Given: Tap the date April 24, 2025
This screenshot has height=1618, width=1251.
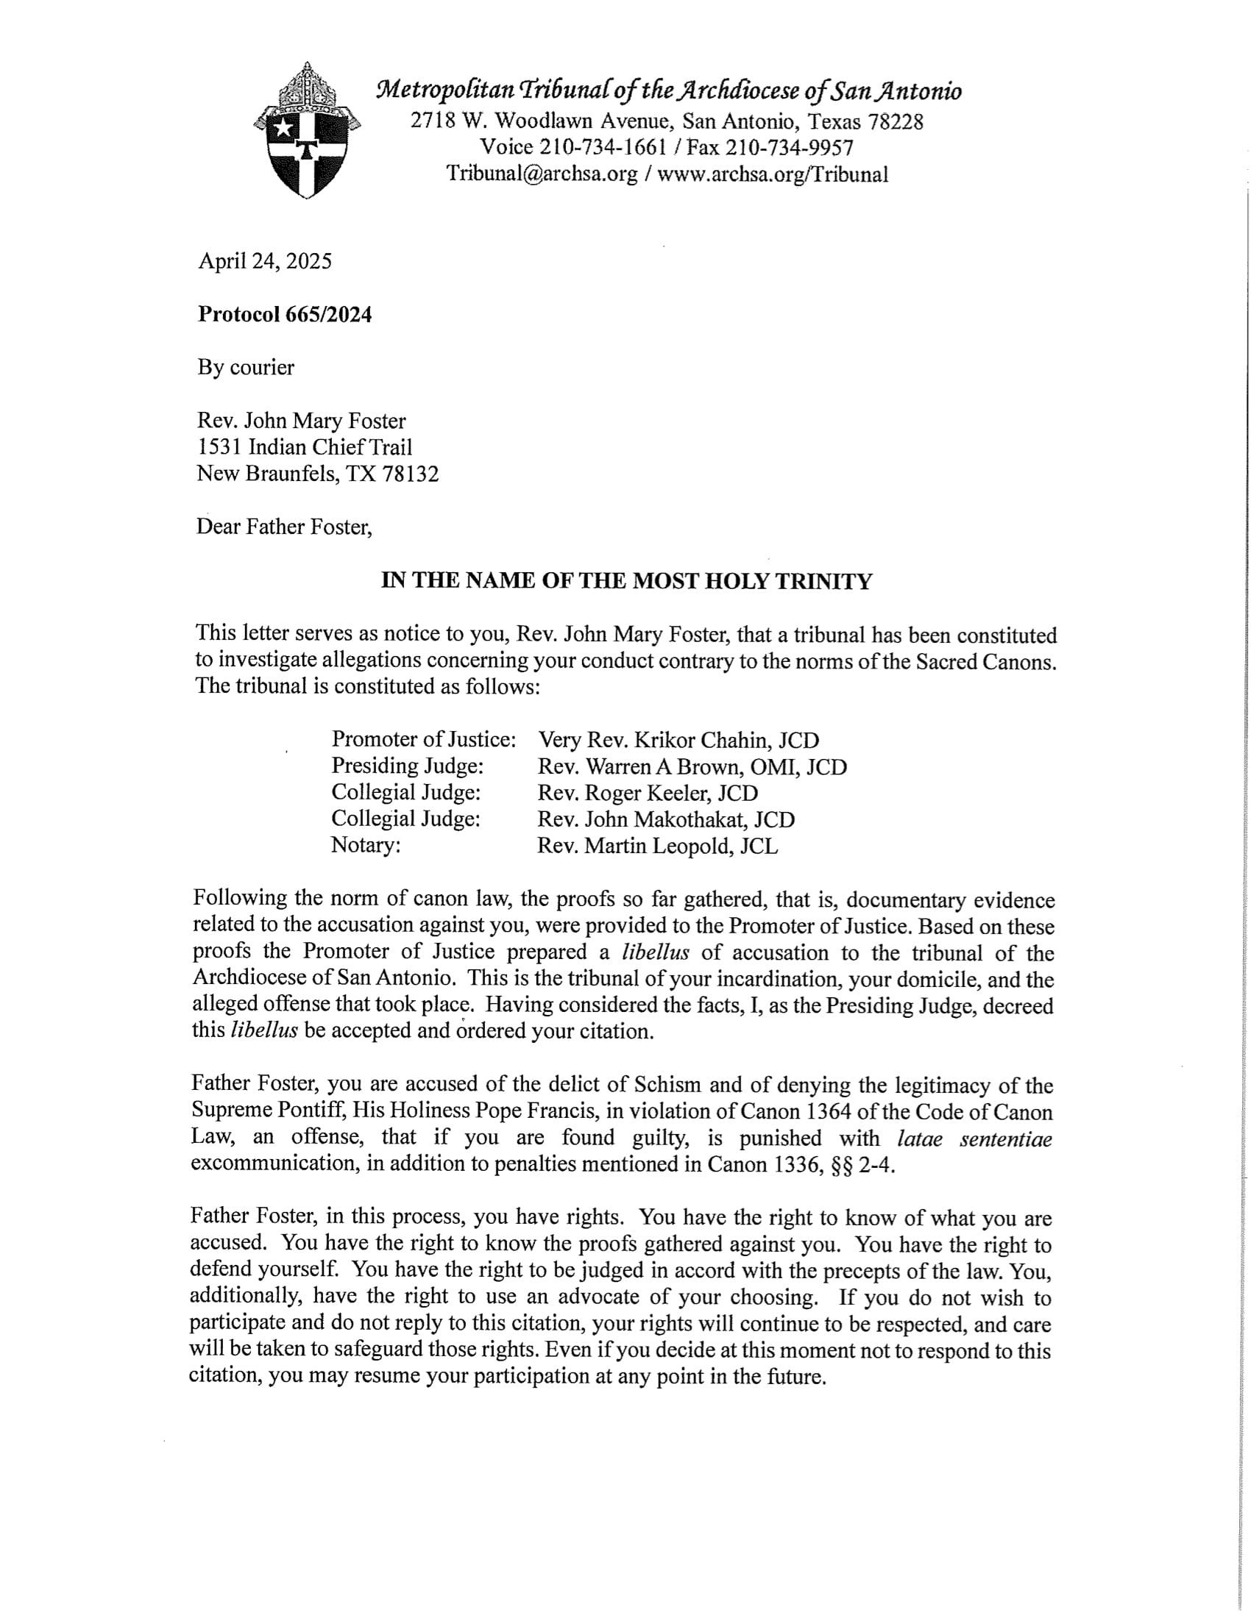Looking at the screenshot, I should click(265, 262).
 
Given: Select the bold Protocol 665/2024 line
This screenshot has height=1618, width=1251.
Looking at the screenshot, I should click(285, 315).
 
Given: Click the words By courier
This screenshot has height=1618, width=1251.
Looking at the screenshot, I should click(245, 368).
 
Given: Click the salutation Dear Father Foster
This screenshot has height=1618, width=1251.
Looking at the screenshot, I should click(283, 527).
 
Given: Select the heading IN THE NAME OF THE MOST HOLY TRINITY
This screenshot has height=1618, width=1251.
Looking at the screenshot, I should click(626, 581).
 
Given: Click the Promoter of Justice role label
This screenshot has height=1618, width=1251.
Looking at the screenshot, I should click(423, 738).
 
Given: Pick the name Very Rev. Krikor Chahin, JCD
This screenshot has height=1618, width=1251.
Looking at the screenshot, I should click(678, 739).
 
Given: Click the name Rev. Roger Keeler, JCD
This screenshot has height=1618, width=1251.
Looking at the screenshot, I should click(647, 793).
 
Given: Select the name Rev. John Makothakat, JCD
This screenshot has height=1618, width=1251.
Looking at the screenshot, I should click(665, 819).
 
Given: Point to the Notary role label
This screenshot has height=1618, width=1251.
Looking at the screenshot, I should click(366, 845).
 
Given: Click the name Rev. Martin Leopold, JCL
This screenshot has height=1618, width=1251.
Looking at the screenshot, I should click(657, 846).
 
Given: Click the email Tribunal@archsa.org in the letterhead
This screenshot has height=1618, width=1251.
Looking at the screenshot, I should click(542, 174).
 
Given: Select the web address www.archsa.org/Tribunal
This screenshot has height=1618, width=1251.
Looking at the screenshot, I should click(772, 174).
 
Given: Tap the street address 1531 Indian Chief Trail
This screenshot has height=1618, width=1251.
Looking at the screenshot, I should click(304, 446).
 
